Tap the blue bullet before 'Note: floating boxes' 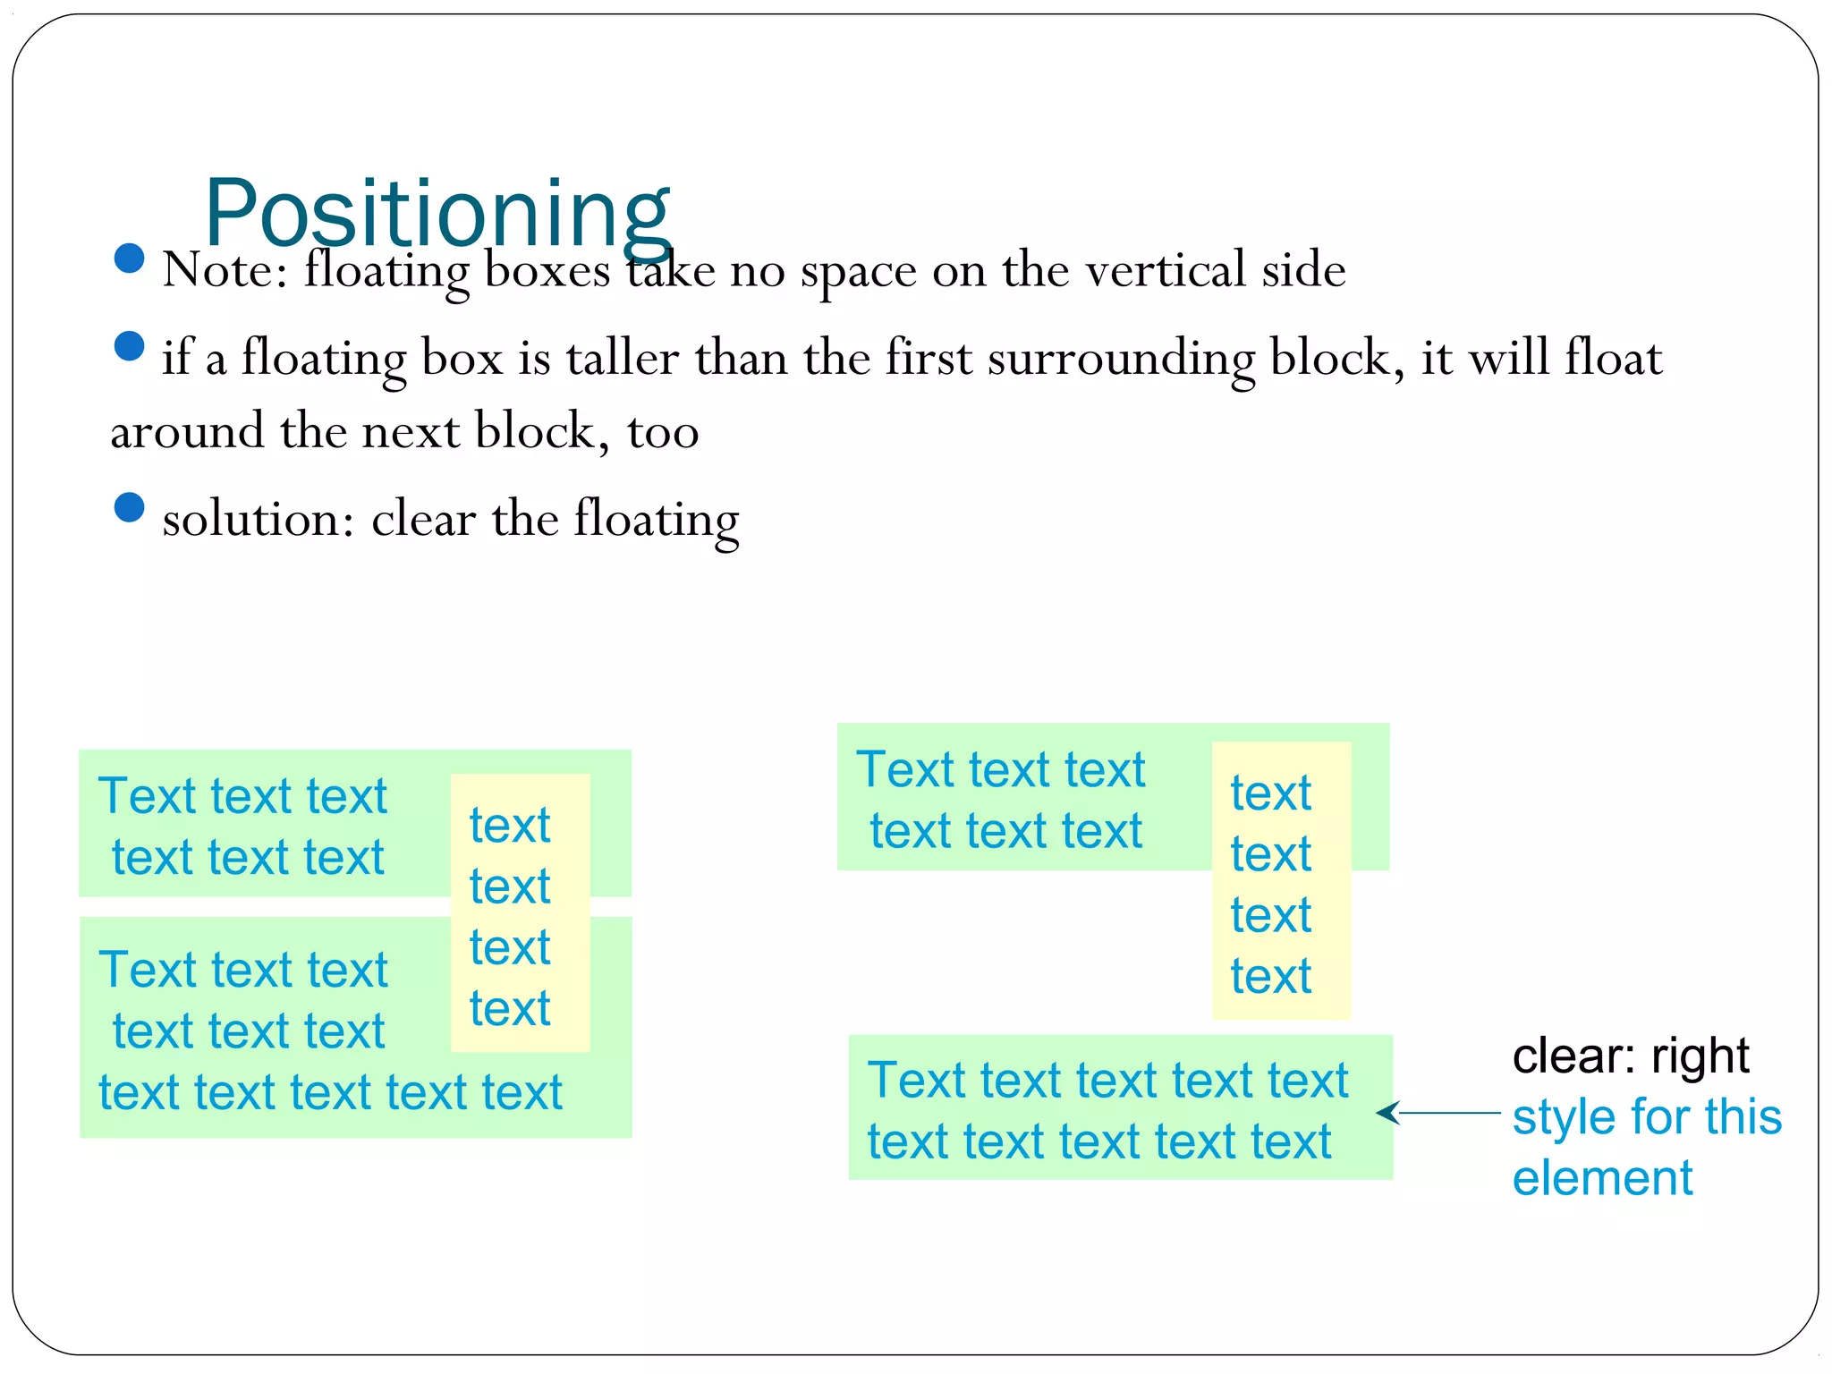[x=130, y=259]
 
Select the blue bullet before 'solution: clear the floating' [x=130, y=507]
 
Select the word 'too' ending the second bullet [x=662, y=432]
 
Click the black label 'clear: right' [x=1630, y=1057]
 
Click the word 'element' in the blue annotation [x=1602, y=1178]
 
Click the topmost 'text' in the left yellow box [x=510, y=825]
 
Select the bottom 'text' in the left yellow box [x=510, y=1009]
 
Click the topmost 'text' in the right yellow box [x=1270, y=793]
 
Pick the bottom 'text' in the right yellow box [x=1270, y=976]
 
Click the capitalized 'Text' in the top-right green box [x=905, y=769]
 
